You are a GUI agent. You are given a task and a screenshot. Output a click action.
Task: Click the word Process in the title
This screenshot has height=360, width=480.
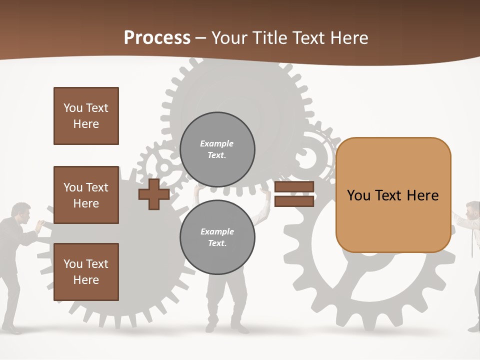point(157,38)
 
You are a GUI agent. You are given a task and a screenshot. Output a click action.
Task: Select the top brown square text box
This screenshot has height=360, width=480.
point(86,116)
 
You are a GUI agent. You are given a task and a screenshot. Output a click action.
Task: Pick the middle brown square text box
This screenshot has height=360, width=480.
point(86,195)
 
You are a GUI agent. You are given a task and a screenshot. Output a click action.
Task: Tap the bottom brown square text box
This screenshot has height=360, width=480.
point(86,272)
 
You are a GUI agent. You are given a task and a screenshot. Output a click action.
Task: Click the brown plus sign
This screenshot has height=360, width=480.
point(154,195)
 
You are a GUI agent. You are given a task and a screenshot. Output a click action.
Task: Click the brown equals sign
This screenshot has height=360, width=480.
point(294,194)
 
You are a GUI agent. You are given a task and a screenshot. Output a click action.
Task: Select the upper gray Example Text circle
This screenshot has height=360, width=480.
point(217,149)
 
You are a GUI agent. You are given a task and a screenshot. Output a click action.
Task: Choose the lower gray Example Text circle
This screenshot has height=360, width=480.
point(217,237)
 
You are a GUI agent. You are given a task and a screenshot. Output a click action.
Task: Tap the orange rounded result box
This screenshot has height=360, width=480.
point(393,195)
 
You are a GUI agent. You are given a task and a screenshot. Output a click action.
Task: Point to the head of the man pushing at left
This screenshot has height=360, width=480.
point(20,212)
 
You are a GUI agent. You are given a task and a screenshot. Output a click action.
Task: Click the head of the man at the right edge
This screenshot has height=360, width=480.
point(472,210)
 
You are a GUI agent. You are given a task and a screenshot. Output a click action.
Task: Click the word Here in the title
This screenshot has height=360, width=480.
point(349,38)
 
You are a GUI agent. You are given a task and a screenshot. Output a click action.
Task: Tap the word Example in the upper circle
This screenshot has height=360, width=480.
point(217,144)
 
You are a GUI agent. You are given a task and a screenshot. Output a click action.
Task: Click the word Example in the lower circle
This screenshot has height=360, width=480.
point(217,232)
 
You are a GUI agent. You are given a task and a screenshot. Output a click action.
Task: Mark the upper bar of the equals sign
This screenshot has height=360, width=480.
point(294,187)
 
